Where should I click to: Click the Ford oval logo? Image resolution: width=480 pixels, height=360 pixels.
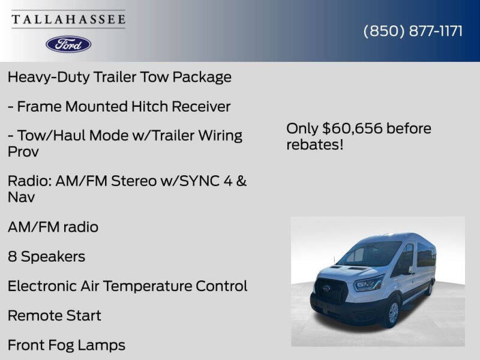pos(68,44)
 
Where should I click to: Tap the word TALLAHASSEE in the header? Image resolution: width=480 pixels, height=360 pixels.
pos(68,19)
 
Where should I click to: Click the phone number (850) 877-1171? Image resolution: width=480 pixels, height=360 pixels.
pos(413,31)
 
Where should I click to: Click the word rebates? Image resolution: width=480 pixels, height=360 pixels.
pos(315,145)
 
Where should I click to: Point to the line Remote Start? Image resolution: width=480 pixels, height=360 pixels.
pos(54,316)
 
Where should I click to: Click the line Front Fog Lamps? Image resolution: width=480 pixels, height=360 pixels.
pos(67,345)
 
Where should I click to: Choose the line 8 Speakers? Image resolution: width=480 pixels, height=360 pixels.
pos(46,257)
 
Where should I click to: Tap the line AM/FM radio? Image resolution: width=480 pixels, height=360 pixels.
pos(53,227)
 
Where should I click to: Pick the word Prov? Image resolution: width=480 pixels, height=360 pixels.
pos(23,152)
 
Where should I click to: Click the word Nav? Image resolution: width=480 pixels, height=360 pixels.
pos(21,197)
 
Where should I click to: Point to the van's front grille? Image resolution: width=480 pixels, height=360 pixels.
pos(332,291)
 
